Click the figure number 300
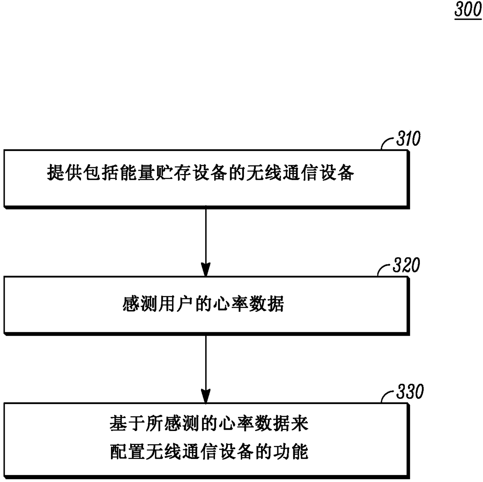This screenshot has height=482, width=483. pyautogui.click(x=468, y=9)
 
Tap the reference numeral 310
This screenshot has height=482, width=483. pyautogui.click(x=408, y=138)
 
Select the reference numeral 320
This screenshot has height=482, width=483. pyautogui.click(x=406, y=265)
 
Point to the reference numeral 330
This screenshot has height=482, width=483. pyautogui.click(x=410, y=392)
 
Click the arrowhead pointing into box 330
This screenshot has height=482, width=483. pyautogui.click(x=206, y=396)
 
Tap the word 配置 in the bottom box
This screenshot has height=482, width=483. pyautogui.click(x=127, y=452)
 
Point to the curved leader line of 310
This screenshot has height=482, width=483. pyautogui.click(x=388, y=144)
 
